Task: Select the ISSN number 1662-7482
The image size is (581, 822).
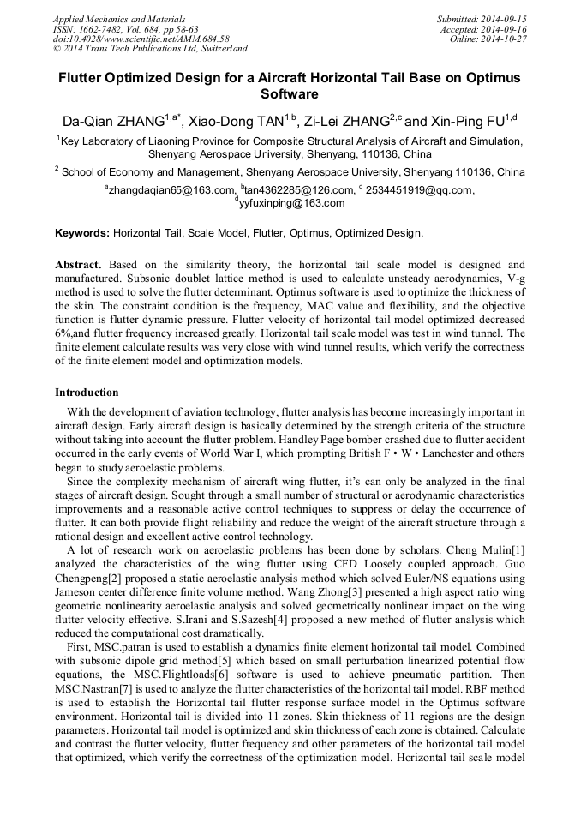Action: (x=104, y=29)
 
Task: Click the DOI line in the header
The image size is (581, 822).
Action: (x=141, y=39)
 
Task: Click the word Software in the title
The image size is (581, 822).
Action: (x=290, y=93)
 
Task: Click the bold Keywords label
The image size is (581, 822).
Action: (x=82, y=232)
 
